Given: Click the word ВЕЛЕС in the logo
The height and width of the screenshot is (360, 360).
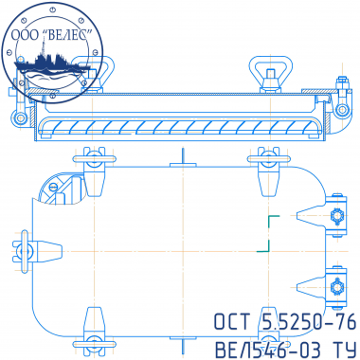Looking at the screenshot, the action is point(67,35).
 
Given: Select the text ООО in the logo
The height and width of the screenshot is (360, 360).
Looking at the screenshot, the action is point(26,35).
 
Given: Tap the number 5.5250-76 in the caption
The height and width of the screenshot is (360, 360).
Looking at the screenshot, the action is point(310,322).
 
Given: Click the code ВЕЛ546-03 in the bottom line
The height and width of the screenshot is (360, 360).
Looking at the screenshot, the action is point(268,349).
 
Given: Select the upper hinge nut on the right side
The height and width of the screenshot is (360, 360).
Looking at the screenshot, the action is point(337,216).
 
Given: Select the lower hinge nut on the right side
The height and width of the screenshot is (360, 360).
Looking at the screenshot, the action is point(337,287).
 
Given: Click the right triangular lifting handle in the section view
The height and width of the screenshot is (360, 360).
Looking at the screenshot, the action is point(270,74).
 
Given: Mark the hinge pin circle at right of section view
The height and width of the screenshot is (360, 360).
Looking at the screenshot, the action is point(341,110).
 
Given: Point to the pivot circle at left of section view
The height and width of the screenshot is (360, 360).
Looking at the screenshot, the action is point(21,117).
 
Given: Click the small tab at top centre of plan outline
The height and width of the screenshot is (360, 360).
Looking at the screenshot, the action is point(183,165).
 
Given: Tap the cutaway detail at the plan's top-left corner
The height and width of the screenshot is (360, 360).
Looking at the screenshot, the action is point(62,189).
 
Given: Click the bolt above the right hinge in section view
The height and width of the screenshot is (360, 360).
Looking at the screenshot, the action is point(342,83).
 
